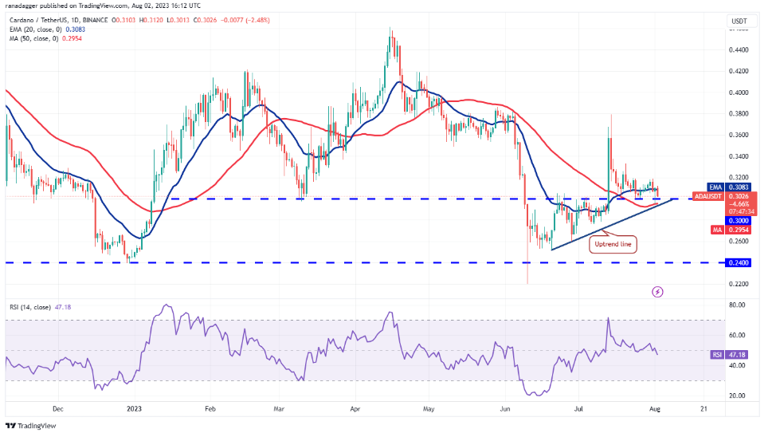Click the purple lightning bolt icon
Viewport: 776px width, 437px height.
click(x=657, y=292)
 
